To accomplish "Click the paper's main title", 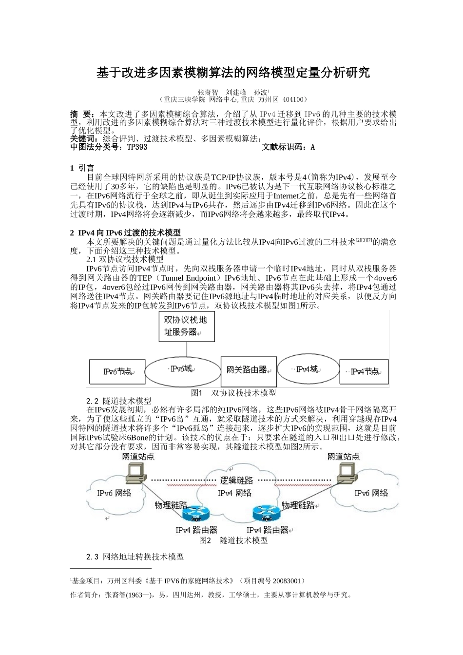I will pos(233,73).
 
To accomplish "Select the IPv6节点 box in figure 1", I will pos(117,371).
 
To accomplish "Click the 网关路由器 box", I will pos(249,370).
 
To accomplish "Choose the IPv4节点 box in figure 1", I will pos(364,372).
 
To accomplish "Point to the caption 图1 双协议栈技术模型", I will pos(233,393).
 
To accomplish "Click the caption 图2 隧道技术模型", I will pos(233,540).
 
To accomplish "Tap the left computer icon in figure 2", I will pos(135,472).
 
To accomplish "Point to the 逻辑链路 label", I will pos(237,480).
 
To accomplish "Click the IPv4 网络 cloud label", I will pos(235,493).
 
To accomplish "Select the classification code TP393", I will pos(137,147).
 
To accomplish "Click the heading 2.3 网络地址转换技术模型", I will pos(135,557).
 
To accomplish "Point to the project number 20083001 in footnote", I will pos(288,581).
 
